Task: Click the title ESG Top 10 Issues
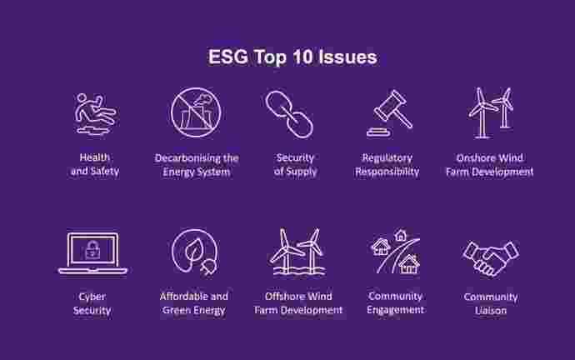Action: tap(292, 57)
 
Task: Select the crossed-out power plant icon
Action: tap(196, 112)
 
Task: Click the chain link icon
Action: tap(289, 114)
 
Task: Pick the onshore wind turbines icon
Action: tap(491, 112)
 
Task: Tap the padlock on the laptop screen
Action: tap(92, 250)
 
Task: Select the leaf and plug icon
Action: tap(195, 252)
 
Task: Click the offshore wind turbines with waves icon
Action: tap(297, 252)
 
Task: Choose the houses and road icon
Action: tap(395, 252)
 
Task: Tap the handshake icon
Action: tap(491, 257)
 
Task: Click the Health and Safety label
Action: tap(95, 164)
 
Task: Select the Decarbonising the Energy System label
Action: tap(197, 165)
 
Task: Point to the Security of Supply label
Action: tap(295, 165)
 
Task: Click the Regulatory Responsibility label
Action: tap(387, 165)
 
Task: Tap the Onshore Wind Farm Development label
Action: tap(489, 165)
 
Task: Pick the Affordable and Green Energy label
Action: tap(193, 303)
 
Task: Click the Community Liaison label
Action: tap(491, 303)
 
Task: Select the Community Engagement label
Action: tap(395, 302)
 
